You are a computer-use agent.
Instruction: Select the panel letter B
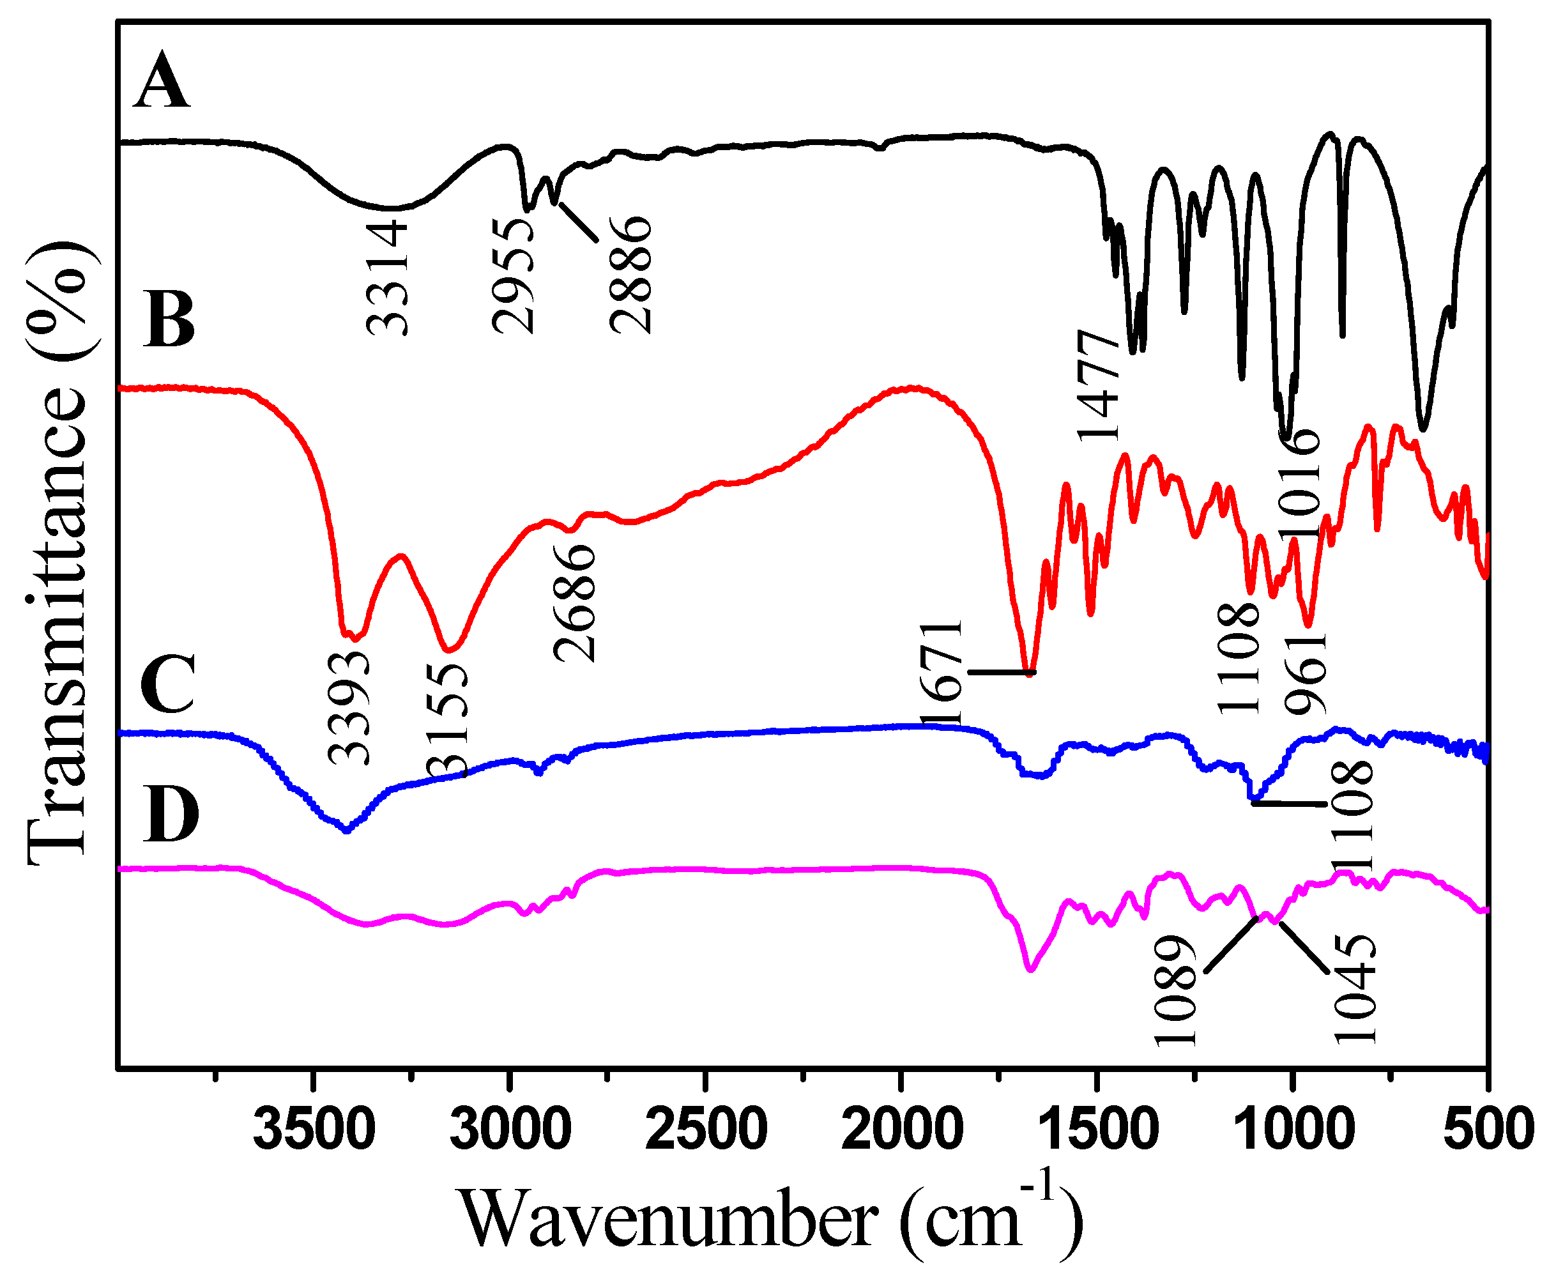[171, 320]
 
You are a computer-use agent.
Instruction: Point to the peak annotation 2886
[630, 275]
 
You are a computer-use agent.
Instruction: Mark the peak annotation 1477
[1098, 385]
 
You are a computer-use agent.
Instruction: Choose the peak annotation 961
[1306, 674]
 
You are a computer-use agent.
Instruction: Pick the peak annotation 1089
[1176, 991]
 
